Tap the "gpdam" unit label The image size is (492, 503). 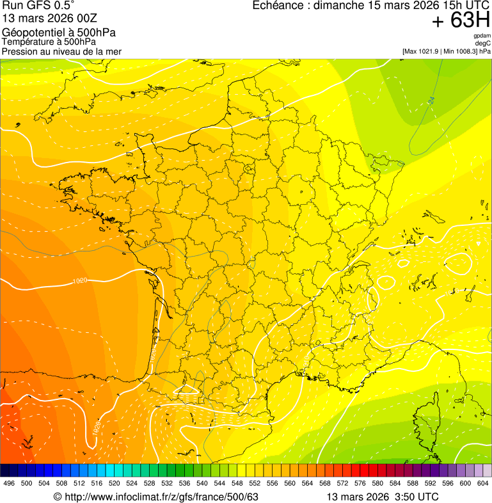coord(482,36)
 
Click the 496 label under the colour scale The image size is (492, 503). coord(9,483)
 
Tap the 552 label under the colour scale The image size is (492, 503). coord(255,483)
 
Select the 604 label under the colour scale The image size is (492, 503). coord(483,483)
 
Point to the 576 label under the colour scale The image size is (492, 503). coord(360,483)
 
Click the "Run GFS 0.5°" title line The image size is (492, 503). coord(38,6)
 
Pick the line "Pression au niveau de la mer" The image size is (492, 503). coord(61,51)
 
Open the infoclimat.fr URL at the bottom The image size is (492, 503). coord(161,497)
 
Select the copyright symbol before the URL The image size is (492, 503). coord(58,497)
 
